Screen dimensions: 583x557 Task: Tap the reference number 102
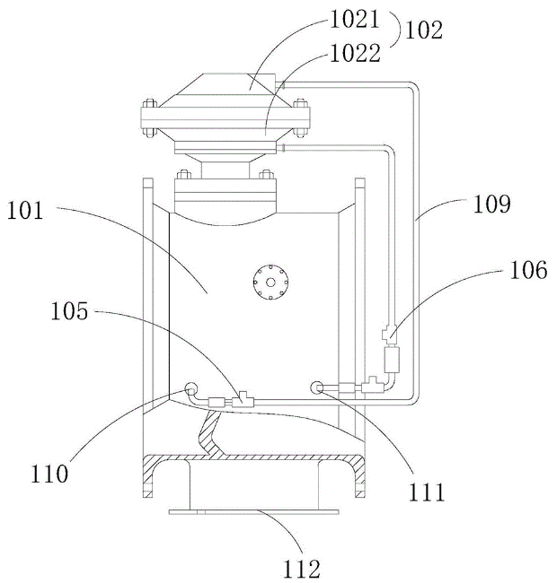point(424,30)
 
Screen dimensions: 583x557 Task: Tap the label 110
point(49,472)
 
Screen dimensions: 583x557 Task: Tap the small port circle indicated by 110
point(190,389)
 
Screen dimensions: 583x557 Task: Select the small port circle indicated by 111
point(318,387)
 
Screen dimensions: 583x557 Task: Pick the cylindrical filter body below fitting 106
point(392,360)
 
